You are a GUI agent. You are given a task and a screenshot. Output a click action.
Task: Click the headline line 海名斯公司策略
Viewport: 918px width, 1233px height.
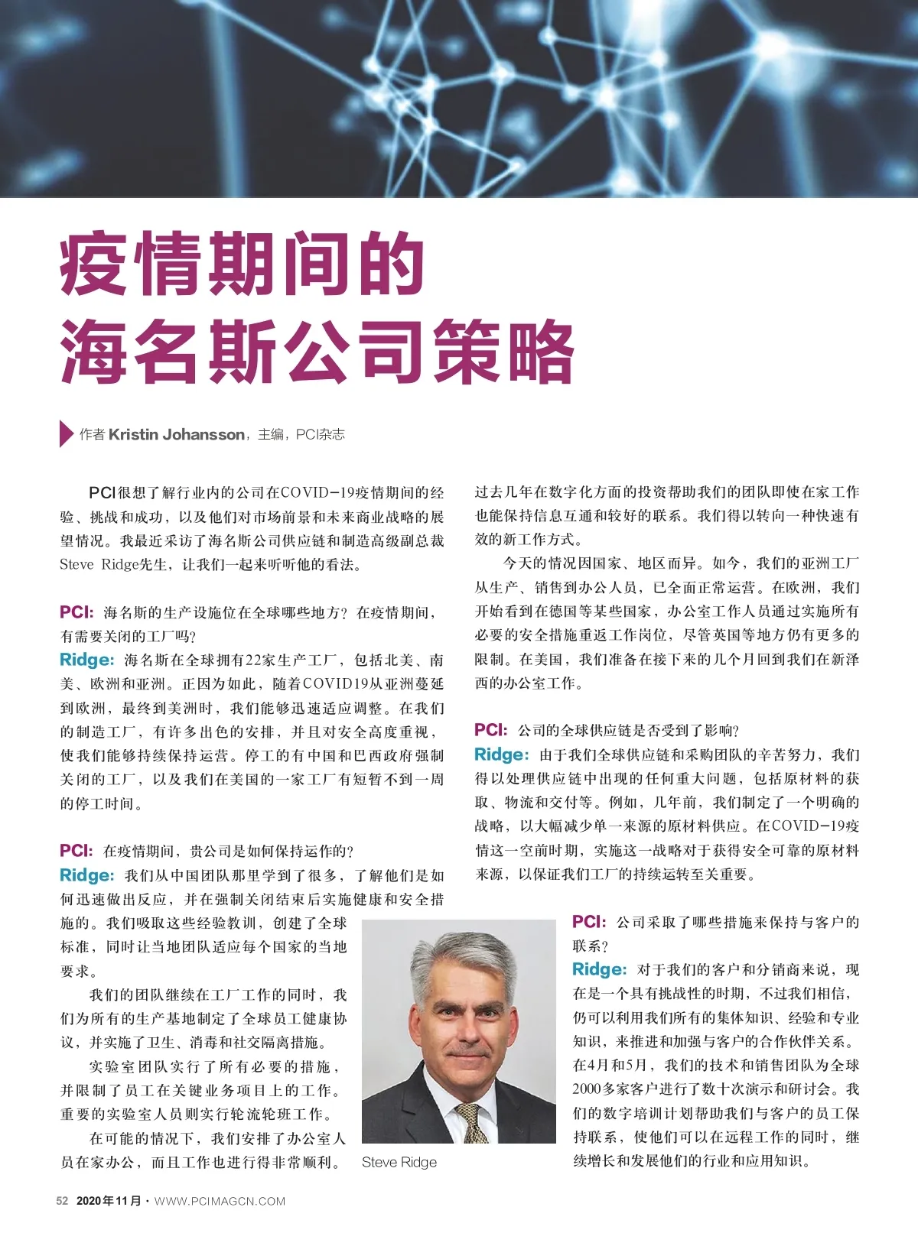317,351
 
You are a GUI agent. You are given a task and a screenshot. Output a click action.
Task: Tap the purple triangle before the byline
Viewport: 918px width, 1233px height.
66,434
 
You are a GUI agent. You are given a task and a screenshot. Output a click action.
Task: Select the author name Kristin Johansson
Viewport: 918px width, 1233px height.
176,434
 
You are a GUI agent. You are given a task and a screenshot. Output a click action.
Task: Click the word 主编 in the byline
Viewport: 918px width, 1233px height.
271,434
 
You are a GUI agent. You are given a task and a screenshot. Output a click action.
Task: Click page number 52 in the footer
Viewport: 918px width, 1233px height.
63,1201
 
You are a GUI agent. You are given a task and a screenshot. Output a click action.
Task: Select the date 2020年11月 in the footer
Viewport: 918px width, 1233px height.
109,1201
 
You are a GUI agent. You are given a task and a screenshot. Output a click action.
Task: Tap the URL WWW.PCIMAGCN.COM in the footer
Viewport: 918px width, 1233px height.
220,1201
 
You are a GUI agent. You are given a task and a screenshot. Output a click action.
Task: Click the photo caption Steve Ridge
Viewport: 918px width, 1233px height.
399,1162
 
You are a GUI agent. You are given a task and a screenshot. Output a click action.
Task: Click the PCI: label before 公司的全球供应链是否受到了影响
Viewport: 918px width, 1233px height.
490,730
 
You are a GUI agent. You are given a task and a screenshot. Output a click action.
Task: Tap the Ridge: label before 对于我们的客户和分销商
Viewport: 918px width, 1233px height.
599,969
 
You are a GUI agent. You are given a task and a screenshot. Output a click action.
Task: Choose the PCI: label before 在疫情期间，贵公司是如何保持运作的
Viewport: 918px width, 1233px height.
76,851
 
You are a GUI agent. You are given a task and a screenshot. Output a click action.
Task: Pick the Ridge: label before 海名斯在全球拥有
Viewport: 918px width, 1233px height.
86,660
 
